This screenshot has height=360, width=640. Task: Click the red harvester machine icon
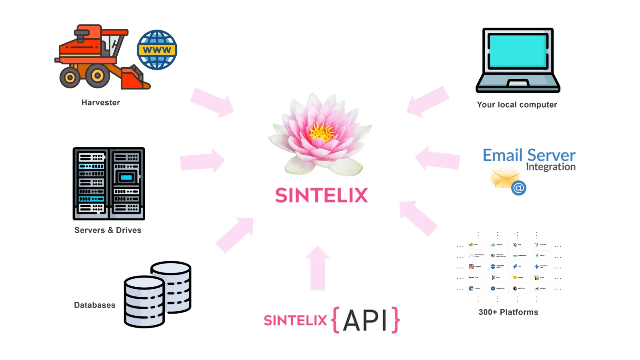[98, 58]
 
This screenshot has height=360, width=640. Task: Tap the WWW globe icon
[157, 50]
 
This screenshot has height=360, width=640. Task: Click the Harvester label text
[101, 103]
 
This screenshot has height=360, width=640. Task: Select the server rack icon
[109, 184]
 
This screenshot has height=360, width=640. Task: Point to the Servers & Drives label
[108, 230]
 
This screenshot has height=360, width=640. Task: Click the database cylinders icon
[158, 294]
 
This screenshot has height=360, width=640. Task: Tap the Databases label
[95, 305]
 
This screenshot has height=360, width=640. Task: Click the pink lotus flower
[320, 134]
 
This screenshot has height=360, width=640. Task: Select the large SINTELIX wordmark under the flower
[321, 196]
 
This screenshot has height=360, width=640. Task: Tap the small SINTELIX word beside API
[295, 320]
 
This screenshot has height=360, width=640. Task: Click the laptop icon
[518, 60]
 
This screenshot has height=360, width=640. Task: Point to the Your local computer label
[517, 105]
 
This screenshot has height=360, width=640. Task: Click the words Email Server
[529, 155]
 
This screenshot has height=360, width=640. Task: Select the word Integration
[550, 167]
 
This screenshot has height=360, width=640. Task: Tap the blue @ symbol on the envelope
[518, 188]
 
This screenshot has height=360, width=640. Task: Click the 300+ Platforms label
[508, 312]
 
